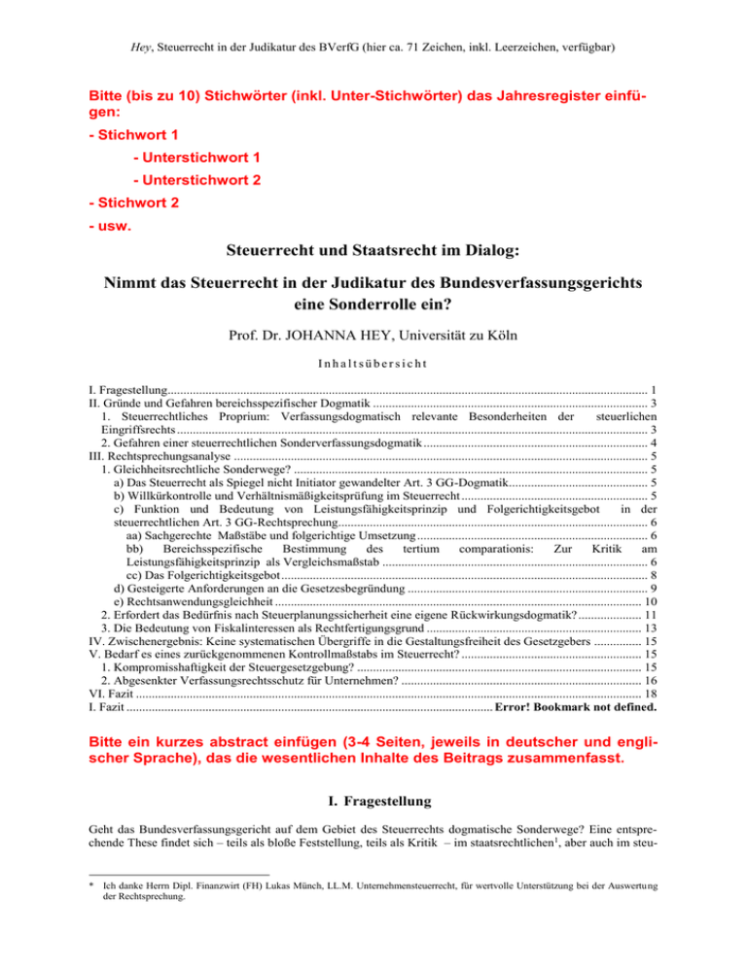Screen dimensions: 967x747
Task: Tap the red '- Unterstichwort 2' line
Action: pos(200,181)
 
